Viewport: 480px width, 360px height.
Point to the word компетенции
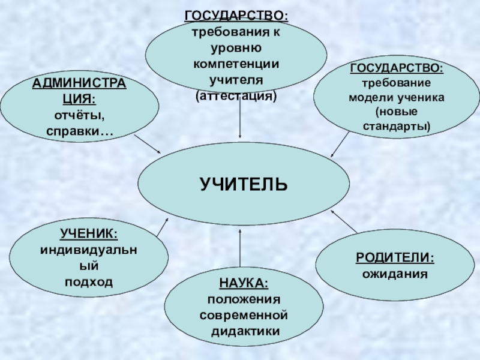(236, 63)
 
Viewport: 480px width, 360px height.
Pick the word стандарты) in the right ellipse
(397, 127)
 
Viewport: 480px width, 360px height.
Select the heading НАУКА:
(244, 283)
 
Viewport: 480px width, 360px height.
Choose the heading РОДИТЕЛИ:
(395, 257)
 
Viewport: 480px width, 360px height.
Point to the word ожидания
(395, 274)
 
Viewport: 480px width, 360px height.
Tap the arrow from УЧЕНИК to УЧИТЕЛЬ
(163, 226)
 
